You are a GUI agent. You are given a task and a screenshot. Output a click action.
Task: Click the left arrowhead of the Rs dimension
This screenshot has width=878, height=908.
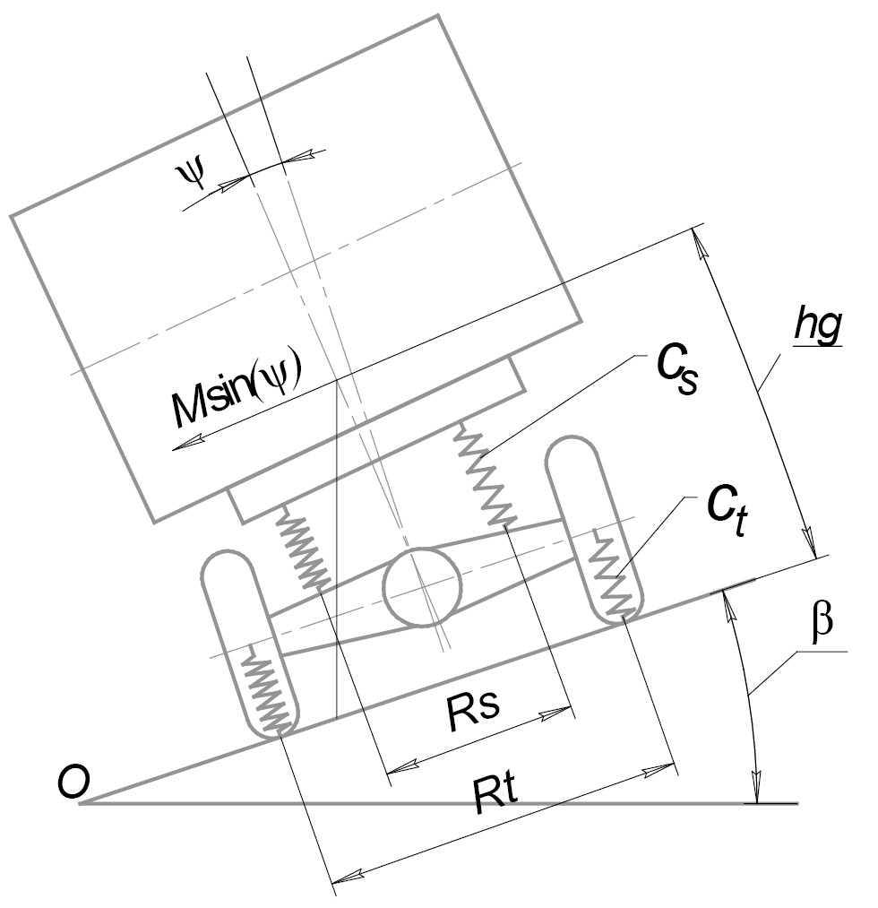tap(392, 770)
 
